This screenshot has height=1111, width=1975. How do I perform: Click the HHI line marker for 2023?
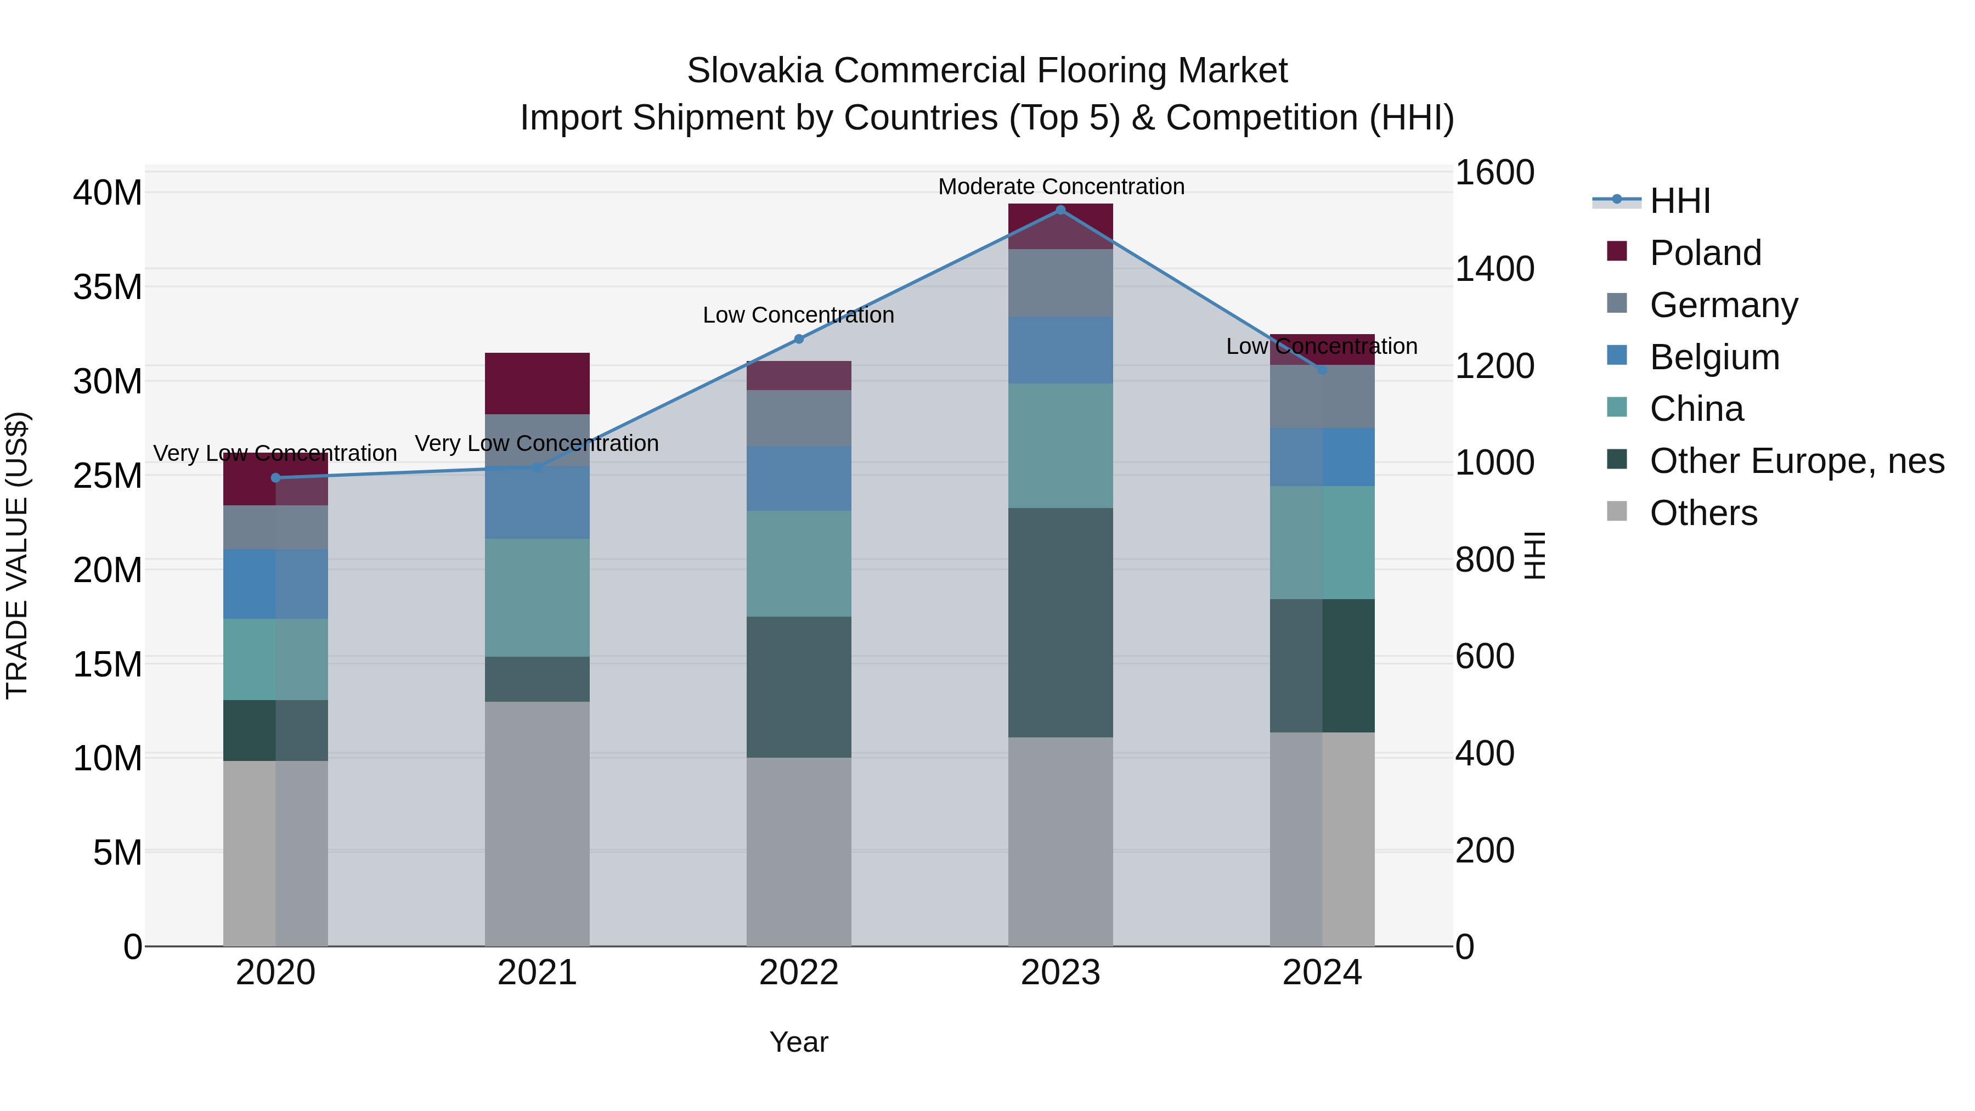coord(1060,210)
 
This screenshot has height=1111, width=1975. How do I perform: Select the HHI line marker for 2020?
coord(276,478)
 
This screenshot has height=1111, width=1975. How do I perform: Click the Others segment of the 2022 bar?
coord(798,851)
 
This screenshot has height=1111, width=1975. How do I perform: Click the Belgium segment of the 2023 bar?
coord(1060,349)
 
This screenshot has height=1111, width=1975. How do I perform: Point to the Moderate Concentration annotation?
coord(1061,187)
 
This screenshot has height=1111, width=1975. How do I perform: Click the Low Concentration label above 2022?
coord(798,315)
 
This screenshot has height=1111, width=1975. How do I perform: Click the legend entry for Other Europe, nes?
coord(1796,461)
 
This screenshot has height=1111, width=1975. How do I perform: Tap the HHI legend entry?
coord(1679,201)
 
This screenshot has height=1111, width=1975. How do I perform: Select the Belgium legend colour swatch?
coord(1617,356)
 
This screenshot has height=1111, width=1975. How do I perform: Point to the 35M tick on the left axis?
coord(108,287)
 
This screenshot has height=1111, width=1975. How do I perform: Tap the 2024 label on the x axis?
coord(1322,973)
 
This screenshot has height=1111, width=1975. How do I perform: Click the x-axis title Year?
coord(798,1042)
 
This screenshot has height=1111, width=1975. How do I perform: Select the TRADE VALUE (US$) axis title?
coord(17,555)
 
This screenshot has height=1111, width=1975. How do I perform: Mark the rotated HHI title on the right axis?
coord(1534,555)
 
